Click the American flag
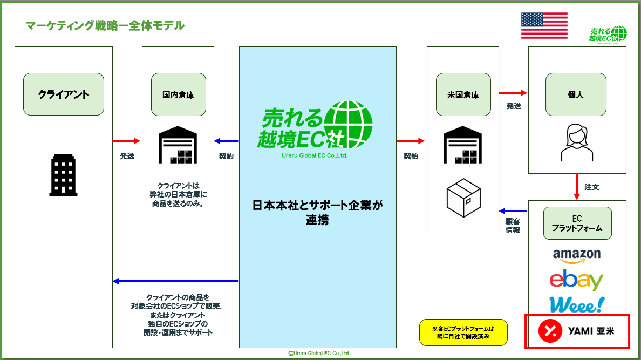click(x=544, y=25)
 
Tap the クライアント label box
click(x=64, y=94)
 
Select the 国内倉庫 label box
click(x=178, y=94)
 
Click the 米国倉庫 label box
click(x=463, y=94)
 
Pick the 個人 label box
click(x=577, y=94)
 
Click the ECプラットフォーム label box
click(x=577, y=223)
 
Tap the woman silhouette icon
click(x=576, y=142)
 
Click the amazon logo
click(x=577, y=255)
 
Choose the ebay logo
click(x=576, y=280)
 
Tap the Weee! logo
click(x=576, y=304)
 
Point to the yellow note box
click(x=463, y=332)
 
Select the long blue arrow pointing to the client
click(x=176, y=281)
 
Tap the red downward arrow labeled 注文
click(x=577, y=187)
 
